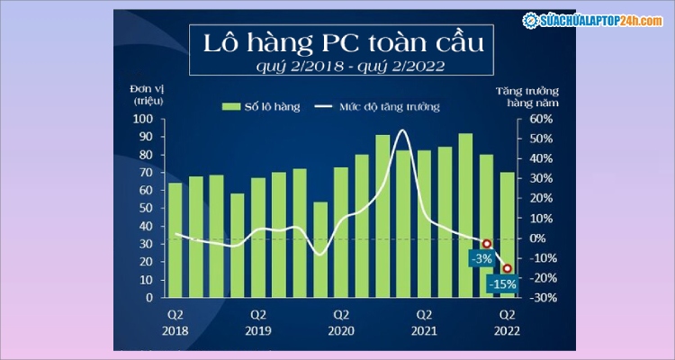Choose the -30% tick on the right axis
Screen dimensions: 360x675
tap(537, 298)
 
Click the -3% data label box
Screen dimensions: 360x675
tap(481, 258)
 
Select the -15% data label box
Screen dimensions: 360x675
tap(502, 284)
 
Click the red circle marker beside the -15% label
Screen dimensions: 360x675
tap(508, 268)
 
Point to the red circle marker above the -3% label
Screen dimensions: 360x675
tap(487, 244)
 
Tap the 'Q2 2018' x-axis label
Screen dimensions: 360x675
tap(175, 321)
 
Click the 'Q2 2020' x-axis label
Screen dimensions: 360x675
tap(341, 321)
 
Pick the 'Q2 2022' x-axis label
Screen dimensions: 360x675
tap(507, 321)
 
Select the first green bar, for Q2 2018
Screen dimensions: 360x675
tap(175, 240)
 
